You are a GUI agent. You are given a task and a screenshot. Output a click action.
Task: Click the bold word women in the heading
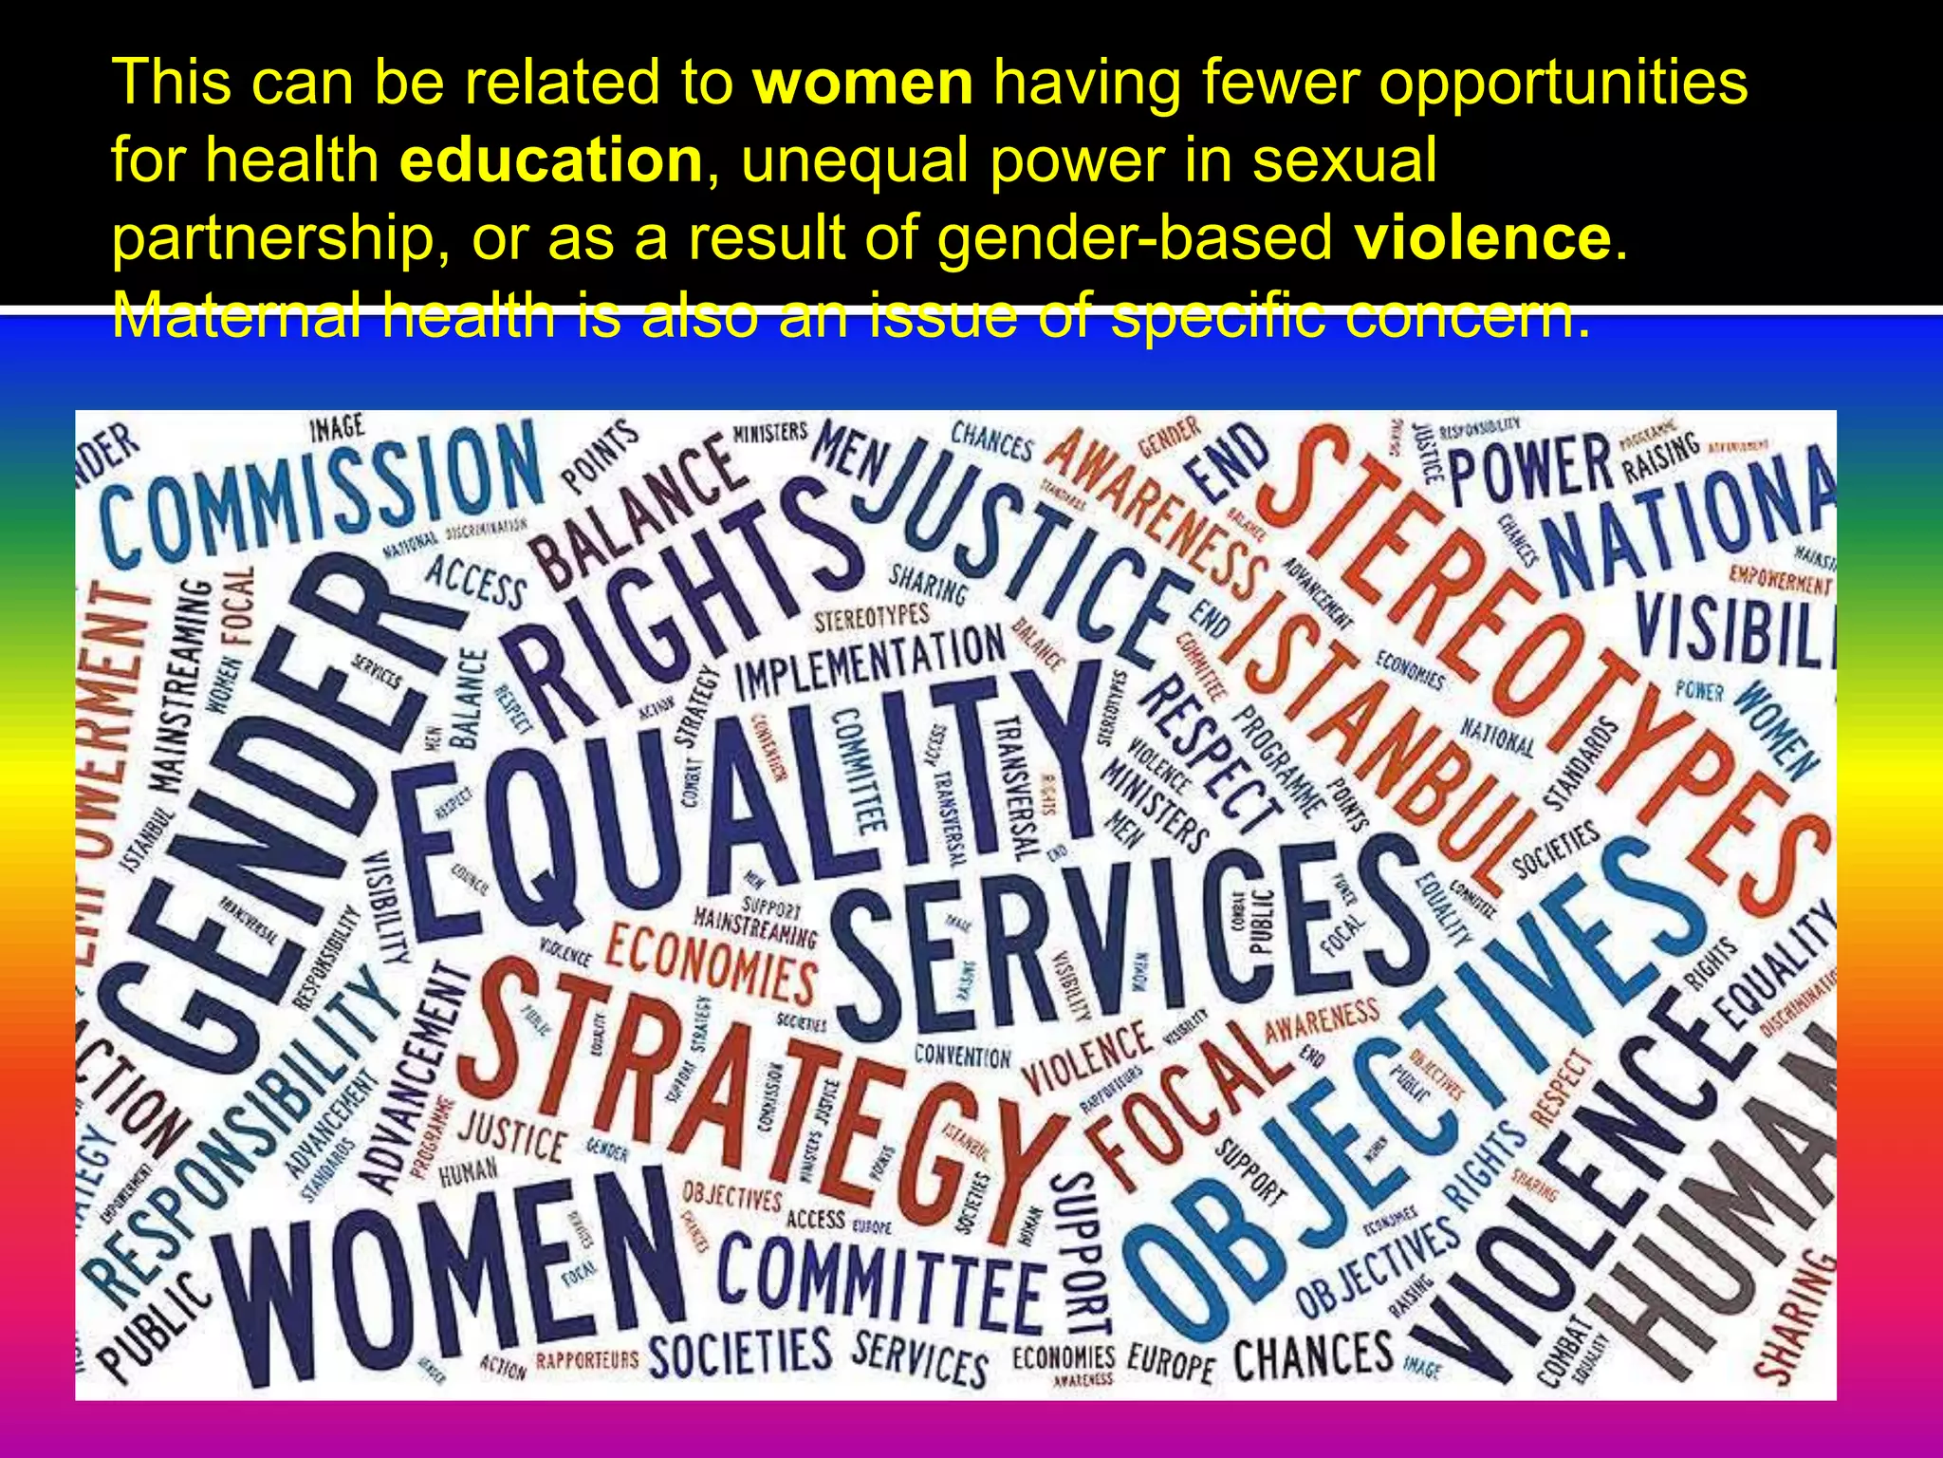pyautogui.click(x=862, y=83)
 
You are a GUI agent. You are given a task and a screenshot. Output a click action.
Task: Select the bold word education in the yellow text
pyautogui.click(x=551, y=160)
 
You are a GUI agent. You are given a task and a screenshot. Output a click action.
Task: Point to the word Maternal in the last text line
pyautogui.click(x=236, y=315)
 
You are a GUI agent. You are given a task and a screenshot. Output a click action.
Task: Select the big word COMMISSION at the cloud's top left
pyautogui.click(x=323, y=498)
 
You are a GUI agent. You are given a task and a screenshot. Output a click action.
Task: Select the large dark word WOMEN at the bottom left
pyautogui.click(x=446, y=1272)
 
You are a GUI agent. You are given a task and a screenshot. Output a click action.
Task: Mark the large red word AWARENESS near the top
pyautogui.click(x=1157, y=513)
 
